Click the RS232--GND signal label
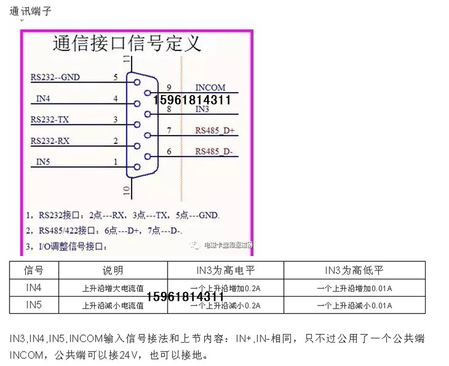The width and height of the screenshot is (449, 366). pyautogui.click(x=55, y=78)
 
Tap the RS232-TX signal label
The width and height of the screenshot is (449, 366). pyautogui.click(x=50, y=120)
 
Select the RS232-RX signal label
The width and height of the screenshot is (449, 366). pyautogui.click(x=50, y=141)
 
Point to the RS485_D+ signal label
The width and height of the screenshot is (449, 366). pyautogui.click(x=215, y=130)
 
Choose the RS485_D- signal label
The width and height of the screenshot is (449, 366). pyautogui.click(x=214, y=151)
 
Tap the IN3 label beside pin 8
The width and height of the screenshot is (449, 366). pyautogui.click(x=202, y=109)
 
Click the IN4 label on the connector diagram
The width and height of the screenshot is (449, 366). pyautogui.click(x=44, y=98)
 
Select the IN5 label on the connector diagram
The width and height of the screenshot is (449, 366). pyautogui.click(x=44, y=162)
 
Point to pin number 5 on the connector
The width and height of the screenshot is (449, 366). pyautogui.click(x=115, y=78)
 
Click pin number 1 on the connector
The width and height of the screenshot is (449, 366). pyautogui.click(x=115, y=162)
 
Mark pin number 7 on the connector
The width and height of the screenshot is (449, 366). pyautogui.click(x=169, y=130)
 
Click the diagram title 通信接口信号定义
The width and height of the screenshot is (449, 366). pyautogui.click(x=127, y=44)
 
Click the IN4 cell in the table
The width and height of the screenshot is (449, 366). pyautogui.click(x=34, y=288)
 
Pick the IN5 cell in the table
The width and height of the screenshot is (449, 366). pyautogui.click(x=34, y=305)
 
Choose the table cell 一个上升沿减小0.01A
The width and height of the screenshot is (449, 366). pyautogui.click(x=354, y=306)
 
